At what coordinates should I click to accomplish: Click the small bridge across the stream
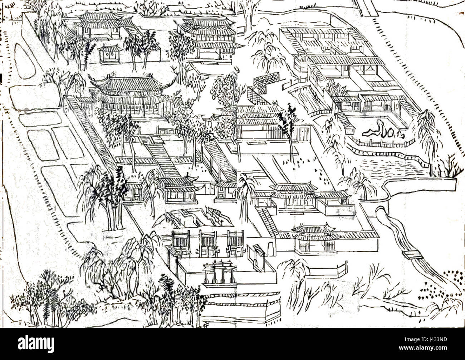411,254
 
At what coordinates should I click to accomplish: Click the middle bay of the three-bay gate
207,244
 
